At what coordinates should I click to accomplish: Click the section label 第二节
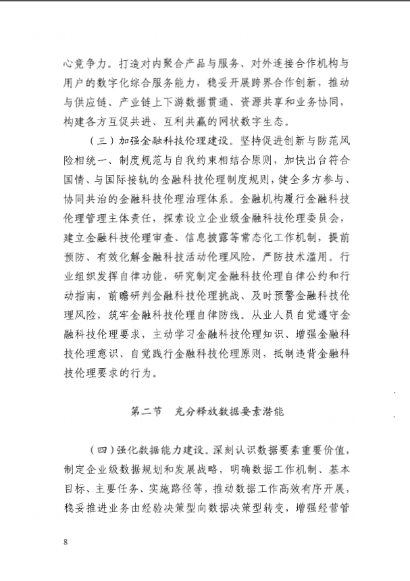pos(146,410)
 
